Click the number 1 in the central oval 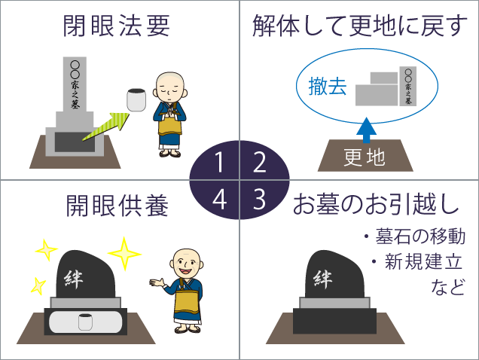pos(218,162)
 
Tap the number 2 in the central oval pos(260,162)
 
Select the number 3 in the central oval pos(259,200)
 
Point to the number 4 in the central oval pos(219,200)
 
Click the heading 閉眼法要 pos(117,26)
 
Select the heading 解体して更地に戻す pos(359,26)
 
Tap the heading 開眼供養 pos(117,206)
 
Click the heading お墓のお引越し pos(377,204)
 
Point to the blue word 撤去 pos(328,86)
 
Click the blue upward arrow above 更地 pos(366,130)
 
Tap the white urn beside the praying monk pos(136,100)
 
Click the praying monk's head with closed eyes pos(170,87)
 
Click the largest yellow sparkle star pos(124,254)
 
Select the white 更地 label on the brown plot pos(364,157)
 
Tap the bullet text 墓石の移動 pos(420,236)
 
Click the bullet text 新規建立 pos(423,262)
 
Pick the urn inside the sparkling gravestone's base pos(85,322)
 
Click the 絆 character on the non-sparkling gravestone pos(323,279)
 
